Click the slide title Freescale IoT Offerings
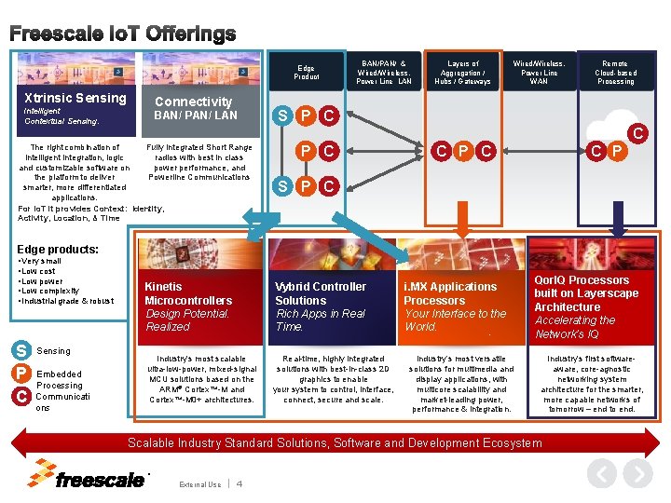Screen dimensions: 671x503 tap(122, 34)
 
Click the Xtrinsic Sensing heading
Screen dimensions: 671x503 tap(75, 98)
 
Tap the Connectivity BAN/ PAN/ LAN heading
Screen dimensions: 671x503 tap(196, 108)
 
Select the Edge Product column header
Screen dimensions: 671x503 tap(306, 72)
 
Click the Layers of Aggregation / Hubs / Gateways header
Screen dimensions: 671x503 tap(463, 72)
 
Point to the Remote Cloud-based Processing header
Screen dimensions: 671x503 tap(616, 72)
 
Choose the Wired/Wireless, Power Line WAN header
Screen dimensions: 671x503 tap(540, 72)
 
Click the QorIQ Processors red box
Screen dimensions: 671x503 tap(588, 306)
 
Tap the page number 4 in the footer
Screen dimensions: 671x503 tap(240, 483)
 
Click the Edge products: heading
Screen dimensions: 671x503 tap(58, 249)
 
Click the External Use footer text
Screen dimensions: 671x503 tap(199, 484)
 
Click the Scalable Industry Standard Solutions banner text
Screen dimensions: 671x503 tap(335, 442)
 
